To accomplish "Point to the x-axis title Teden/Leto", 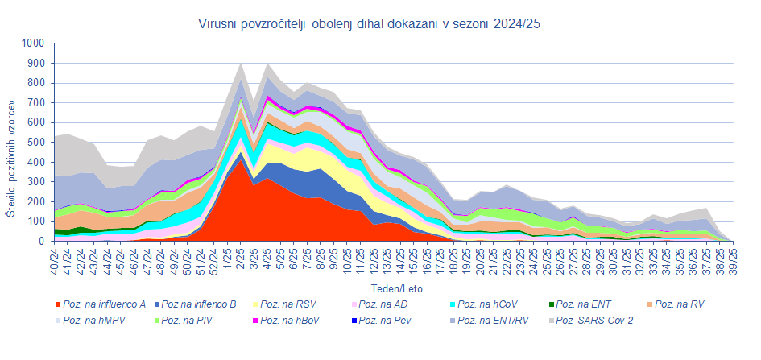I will (396, 288).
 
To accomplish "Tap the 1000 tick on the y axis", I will (33, 43).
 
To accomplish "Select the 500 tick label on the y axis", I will (35, 143).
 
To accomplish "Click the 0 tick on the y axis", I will (41, 241).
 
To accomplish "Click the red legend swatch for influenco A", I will (56, 304).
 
